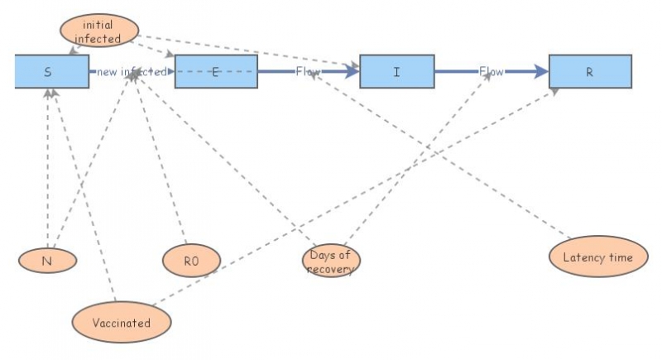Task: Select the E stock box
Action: point(216,71)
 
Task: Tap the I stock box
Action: point(396,71)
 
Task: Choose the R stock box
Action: point(590,71)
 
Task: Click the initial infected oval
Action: point(98,31)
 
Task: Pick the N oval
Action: point(48,260)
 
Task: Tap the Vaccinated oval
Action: point(122,323)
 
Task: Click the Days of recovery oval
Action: point(331,261)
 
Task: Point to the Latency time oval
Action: point(598,257)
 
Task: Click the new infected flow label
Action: point(131,72)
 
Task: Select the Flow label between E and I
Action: point(308,72)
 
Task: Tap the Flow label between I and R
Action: point(492,72)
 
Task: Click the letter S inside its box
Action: point(48,72)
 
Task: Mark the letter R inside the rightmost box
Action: point(590,72)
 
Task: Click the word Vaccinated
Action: point(122,323)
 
